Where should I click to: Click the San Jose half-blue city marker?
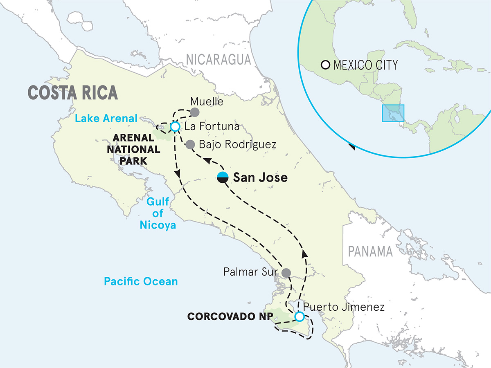coord(223,178)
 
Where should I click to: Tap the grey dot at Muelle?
coord(195,112)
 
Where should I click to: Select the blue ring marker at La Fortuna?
coord(175,127)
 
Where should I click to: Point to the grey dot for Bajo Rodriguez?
coord(190,144)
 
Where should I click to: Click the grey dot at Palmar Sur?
coord(286,272)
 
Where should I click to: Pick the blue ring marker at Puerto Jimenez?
coord(300,317)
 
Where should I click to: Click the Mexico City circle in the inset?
coord(326,65)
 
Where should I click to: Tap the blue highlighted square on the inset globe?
coord(393,113)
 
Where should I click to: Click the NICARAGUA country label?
coord(218,60)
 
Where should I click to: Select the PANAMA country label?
coord(370,251)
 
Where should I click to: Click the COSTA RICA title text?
coord(73,93)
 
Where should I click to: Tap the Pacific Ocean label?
coord(141,281)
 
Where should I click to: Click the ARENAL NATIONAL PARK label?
coord(128,149)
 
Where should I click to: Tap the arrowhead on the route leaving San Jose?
coord(208,161)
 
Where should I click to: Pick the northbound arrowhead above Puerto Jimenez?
coord(304,254)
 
